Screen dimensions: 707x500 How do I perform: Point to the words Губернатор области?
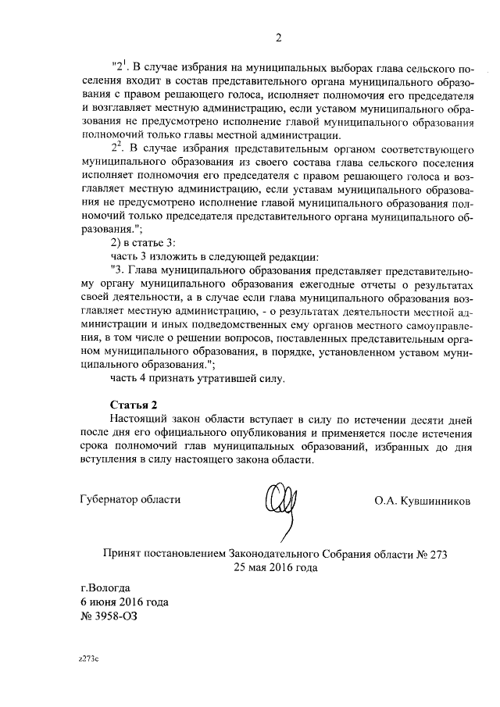130,500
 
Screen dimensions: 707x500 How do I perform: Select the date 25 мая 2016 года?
276,568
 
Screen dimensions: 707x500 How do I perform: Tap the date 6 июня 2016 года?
124,602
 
